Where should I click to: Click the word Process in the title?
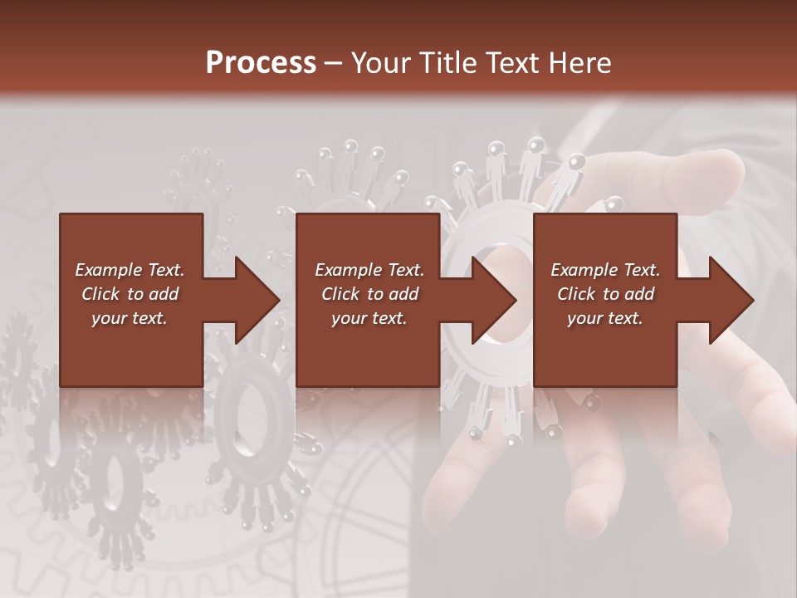(x=261, y=63)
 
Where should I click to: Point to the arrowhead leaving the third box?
(x=730, y=300)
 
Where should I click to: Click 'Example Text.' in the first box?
(x=130, y=270)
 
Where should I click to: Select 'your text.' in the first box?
(x=130, y=318)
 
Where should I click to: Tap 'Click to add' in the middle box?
(x=369, y=294)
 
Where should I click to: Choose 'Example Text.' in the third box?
(x=605, y=270)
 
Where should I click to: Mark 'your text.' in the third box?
(x=605, y=318)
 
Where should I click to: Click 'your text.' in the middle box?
(x=369, y=318)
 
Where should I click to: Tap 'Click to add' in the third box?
(x=605, y=294)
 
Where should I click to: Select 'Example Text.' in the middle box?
(x=369, y=270)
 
